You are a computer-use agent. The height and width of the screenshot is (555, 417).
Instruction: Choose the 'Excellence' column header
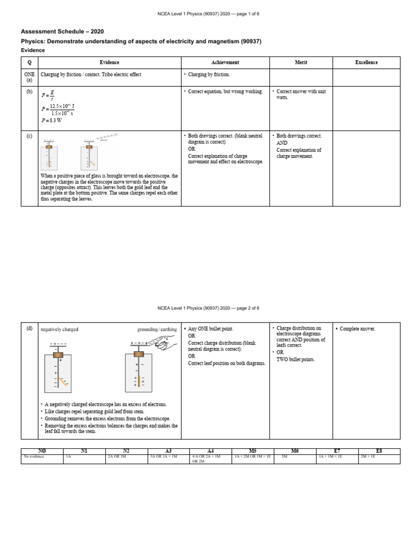(366, 62)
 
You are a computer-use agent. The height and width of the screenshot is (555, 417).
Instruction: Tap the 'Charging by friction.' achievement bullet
(208, 74)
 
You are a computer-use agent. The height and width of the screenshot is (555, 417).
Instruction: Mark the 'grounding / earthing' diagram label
(156, 329)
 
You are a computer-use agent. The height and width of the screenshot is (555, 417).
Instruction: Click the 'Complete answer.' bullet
(357, 328)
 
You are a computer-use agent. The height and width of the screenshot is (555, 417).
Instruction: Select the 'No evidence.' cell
(34, 457)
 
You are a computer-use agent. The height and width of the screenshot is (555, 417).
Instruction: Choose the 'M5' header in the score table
(252, 451)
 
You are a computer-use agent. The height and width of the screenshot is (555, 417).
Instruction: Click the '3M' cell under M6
(284, 457)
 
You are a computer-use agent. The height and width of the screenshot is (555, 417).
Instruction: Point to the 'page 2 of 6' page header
(208, 308)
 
